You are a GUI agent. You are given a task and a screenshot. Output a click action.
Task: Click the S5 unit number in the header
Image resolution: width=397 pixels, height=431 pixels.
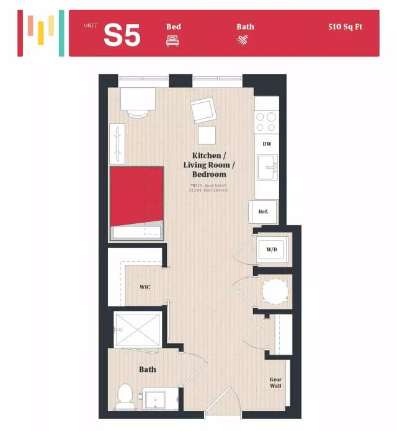pyautogui.click(x=122, y=35)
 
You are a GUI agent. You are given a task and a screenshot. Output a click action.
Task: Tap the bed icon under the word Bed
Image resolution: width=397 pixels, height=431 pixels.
pyautogui.click(x=172, y=41)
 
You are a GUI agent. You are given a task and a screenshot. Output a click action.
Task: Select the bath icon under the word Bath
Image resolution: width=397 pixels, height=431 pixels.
pyautogui.click(x=242, y=41)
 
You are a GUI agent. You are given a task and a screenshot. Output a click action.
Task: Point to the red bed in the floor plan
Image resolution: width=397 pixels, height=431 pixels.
pyautogui.click(x=136, y=197)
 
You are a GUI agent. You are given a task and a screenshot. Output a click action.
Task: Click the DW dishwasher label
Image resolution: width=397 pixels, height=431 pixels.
pyautogui.click(x=267, y=144)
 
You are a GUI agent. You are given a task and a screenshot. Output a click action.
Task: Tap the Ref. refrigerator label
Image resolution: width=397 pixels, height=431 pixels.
pyautogui.click(x=263, y=212)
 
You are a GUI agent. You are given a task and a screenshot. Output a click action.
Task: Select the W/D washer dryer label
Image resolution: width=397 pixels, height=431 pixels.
pyautogui.click(x=272, y=250)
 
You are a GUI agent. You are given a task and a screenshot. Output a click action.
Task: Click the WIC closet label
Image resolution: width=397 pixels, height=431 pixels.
pyautogui.click(x=145, y=287)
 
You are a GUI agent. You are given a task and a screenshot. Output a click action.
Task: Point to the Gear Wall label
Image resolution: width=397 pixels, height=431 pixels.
pyautogui.click(x=275, y=383)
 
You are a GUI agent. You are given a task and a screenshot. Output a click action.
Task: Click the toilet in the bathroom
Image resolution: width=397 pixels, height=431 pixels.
pyautogui.click(x=125, y=397)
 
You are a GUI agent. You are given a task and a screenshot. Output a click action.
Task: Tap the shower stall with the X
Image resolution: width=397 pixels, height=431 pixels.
pyautogui.click(x=138, y=329)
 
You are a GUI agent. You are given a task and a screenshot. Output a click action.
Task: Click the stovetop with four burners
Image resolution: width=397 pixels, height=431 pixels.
pyautogui.click(x=267, y=121)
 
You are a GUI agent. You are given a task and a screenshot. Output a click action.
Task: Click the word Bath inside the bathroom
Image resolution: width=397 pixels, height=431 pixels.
pyautogui.click(x=148, y=370)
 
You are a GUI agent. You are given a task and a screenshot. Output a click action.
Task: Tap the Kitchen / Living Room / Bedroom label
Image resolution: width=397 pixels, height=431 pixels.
pyautogui.click(x=208, y=164)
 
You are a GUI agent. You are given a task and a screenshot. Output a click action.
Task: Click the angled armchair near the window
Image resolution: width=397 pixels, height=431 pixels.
pyautogui.click(x=203, y=111)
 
